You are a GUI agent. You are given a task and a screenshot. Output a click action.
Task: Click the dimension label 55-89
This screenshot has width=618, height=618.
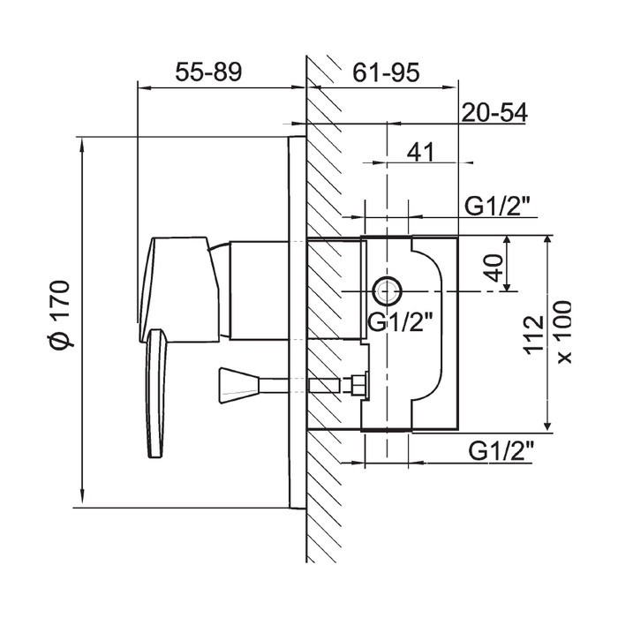tap(208, 72)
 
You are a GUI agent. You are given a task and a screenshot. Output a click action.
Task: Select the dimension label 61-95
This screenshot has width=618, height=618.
tap(386, 72)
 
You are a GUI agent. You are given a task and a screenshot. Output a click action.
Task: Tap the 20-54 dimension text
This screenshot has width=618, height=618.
tap(494, 113)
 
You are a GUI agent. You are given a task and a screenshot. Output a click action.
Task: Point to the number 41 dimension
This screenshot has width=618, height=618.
tap(419, 152)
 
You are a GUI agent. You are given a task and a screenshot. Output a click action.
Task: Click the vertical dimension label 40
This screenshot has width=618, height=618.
tap(494, 268)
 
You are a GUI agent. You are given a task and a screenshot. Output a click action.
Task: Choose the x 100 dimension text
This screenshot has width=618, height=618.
tap(563, 332)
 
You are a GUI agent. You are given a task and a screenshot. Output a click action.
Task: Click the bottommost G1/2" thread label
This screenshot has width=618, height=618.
tap(501, 451)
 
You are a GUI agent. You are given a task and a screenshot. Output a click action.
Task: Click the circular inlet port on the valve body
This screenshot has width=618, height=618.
tap(388, 290)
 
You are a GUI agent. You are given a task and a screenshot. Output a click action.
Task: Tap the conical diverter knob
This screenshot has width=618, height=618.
tap(238, 386)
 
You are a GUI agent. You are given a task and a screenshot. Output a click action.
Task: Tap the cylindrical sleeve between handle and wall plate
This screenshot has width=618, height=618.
tap(260, 290)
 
